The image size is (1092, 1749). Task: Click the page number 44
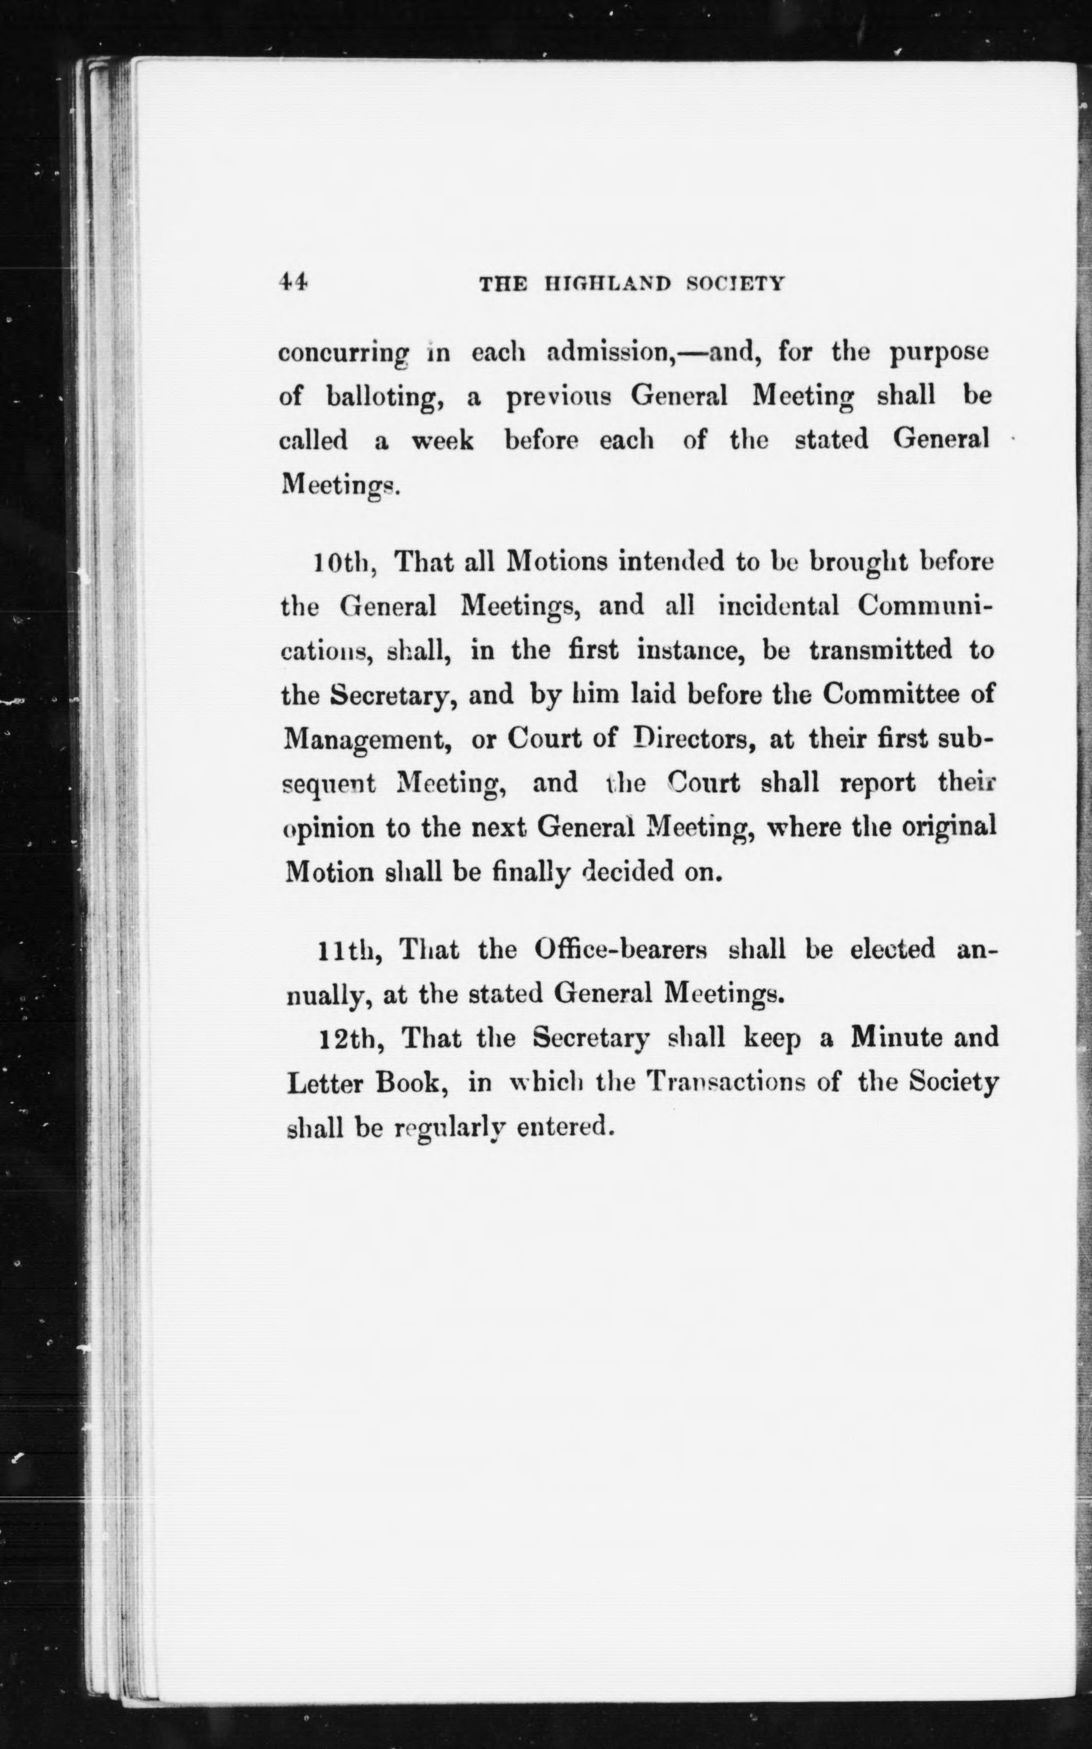pos(293,282)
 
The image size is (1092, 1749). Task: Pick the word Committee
pos(892,694)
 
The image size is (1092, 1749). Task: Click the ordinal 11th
pos(350,950)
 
